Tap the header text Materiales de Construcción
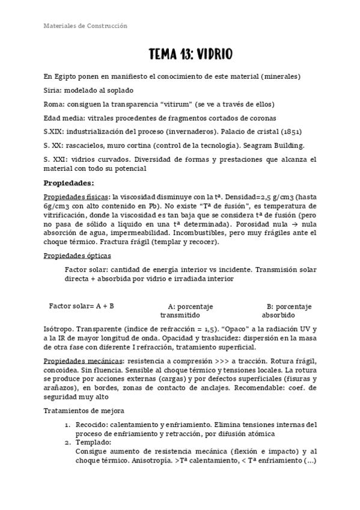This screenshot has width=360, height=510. click(85, 26)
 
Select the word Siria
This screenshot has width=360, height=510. click(53, 90)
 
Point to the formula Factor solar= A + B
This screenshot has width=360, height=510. click(82, 306)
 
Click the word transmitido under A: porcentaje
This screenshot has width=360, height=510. click(180, 315)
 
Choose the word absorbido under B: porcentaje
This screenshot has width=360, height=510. click(278, 315)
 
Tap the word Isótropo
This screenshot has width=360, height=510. click(59, 330)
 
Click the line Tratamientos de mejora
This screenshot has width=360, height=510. click(84, 411)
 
